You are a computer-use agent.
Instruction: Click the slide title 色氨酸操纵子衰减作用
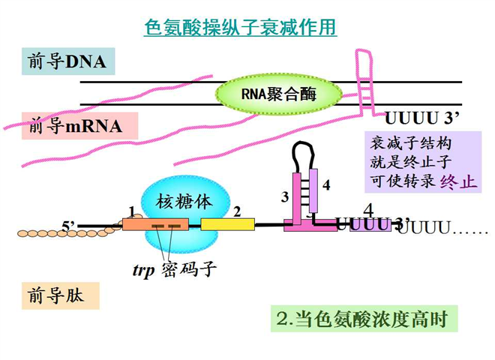point(240,28)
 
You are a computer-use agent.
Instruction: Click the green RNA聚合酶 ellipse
point(279,94)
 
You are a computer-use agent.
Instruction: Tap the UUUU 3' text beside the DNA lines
point(421,118)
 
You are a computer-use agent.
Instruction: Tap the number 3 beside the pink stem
point(284,197)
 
